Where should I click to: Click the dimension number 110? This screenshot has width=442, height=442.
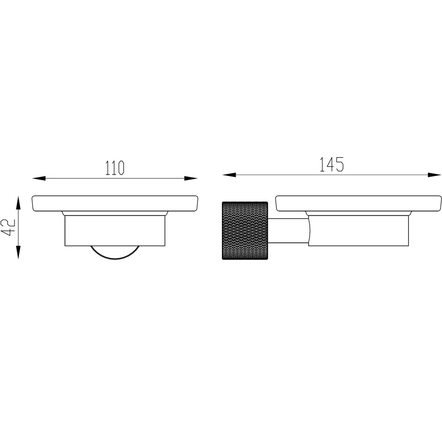tap(114, 168)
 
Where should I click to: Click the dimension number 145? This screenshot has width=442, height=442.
tap(331, 164)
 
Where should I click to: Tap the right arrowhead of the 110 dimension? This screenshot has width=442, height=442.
tap(191, 178)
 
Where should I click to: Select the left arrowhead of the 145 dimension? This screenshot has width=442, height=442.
tap(229, 175)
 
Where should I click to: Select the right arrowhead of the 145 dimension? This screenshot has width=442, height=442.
tap(434, 175)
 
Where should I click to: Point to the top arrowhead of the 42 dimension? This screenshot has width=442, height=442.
tap(18, 202)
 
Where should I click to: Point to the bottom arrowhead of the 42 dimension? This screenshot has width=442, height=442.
tap(18, 253)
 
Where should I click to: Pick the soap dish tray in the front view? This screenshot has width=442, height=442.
tap(114, 203)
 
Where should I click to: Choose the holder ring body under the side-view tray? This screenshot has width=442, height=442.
tap(358, 231)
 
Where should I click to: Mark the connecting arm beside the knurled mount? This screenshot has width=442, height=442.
tap(287, 231)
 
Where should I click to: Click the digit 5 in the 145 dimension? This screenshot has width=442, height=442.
tap(340, 164)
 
